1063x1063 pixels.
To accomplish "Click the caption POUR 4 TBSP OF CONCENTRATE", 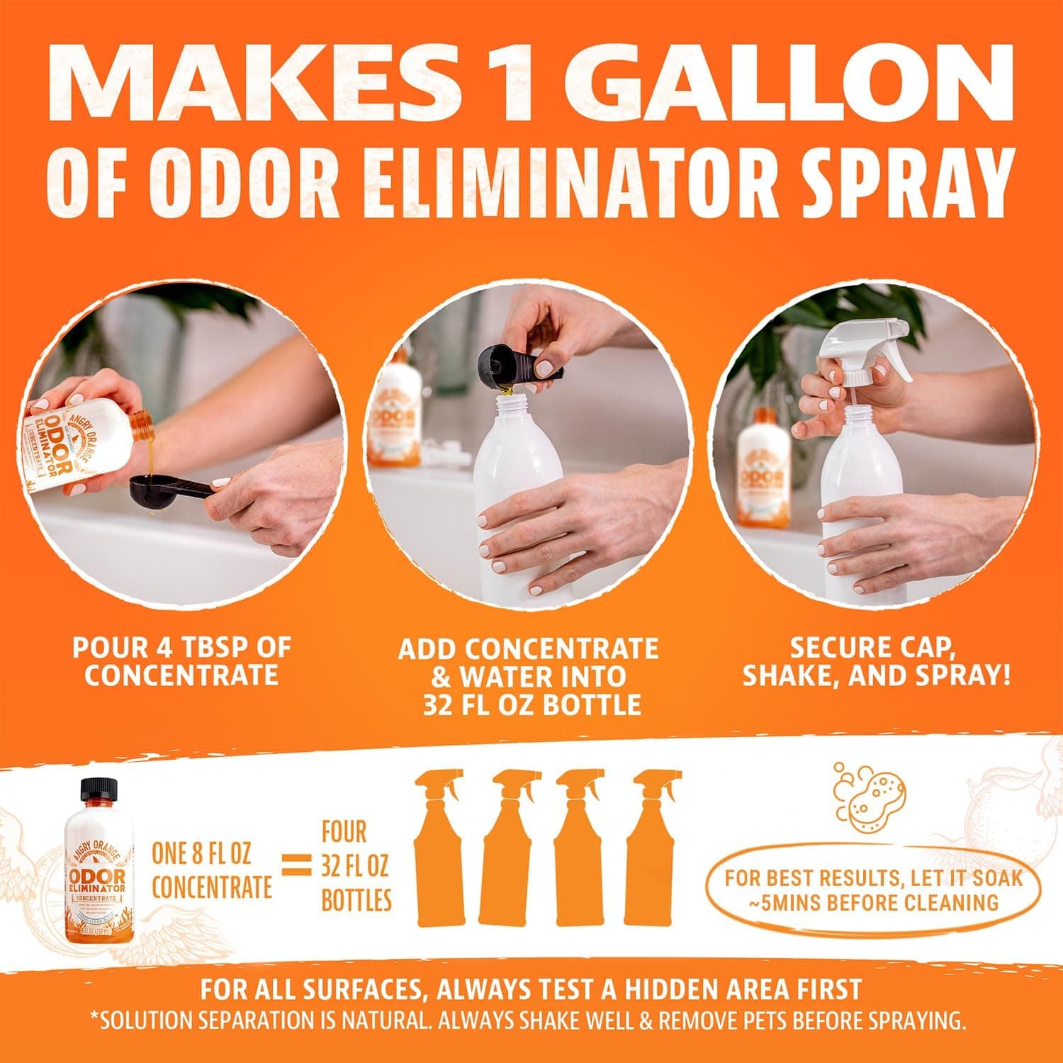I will pos(181,660).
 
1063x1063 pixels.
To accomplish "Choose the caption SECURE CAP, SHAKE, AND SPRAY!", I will pos(876,660).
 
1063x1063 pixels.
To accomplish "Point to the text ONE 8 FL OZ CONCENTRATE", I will pos(212,870).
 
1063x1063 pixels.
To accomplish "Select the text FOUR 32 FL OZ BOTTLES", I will pos(356,866).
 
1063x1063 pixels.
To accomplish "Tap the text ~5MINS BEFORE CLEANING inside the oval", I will pos(874,902).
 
